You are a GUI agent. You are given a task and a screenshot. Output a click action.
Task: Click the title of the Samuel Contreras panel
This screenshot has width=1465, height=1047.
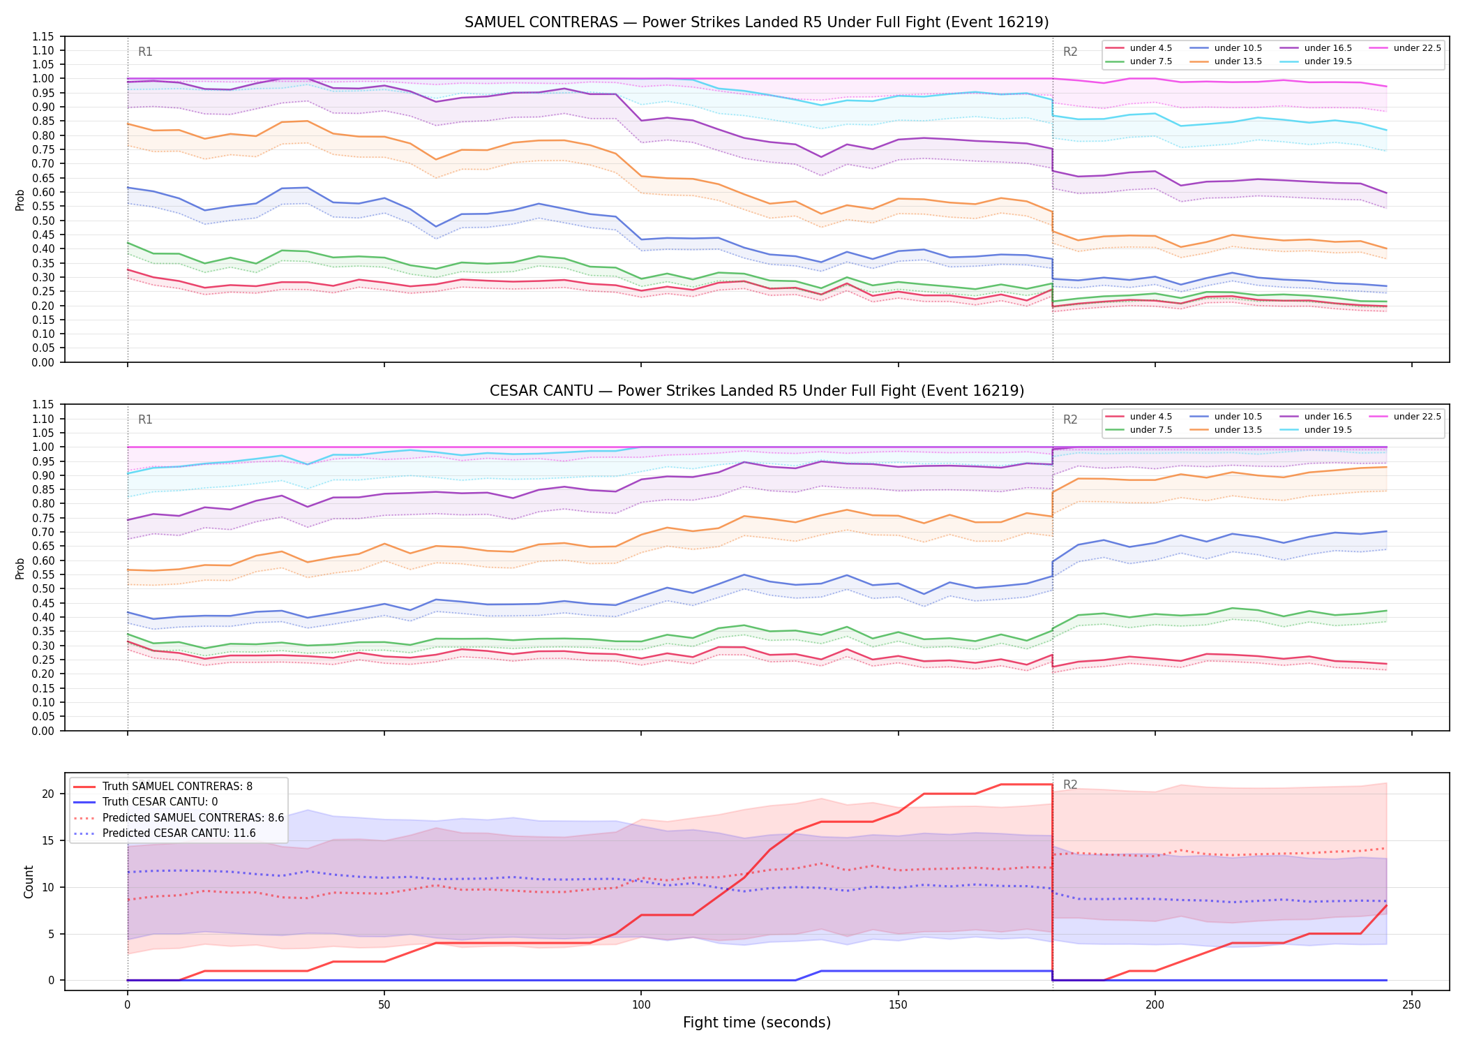point(757,22)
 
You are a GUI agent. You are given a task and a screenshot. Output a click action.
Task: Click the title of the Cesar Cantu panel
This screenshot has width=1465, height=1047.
point(757,391)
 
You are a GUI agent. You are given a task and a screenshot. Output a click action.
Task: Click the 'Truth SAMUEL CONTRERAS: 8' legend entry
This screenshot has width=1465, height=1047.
point(177,787)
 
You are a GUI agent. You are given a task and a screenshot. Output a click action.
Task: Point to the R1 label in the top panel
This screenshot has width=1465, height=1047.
point(145,52)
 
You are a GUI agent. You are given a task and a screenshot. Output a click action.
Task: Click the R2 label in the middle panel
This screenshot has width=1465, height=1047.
point(1070,419)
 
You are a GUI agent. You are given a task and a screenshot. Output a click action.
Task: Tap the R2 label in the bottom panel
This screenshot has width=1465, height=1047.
point(1070,785)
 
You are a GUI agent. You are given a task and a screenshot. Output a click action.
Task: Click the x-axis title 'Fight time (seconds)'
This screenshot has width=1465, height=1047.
point(757,1023)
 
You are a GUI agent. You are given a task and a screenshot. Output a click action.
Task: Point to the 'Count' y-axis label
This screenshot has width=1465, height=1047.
point(29,882)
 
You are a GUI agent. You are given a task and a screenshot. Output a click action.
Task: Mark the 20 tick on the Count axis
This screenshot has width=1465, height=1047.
point(48,794)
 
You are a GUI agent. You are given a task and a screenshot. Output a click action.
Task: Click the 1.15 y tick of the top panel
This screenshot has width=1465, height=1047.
point(43,36)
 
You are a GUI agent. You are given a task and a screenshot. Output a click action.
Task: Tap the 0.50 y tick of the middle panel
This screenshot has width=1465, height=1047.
point(43,589)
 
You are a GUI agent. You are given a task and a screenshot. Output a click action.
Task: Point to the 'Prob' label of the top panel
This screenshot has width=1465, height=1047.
point(20,200)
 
